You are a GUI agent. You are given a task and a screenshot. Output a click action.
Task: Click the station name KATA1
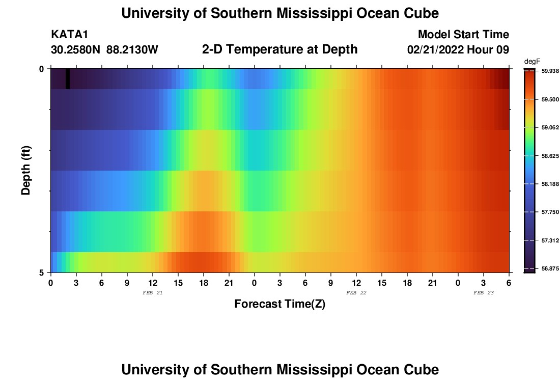click(x=70, y=35)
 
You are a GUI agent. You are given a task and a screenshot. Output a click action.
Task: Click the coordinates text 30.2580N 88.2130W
click(x=104, y=50)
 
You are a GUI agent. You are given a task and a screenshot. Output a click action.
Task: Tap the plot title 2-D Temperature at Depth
click(x=279, y=49)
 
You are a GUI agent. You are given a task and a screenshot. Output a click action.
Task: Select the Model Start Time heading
click(x=463, y=35)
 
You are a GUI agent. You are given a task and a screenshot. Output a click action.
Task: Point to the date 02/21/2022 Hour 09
click(x=458, y=50)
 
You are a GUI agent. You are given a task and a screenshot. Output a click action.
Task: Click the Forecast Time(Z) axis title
click(x=279, y=304)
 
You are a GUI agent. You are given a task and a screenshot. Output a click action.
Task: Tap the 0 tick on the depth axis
click(x=42, y=69)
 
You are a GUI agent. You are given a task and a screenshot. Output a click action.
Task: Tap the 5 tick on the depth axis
click(x=42, y=272)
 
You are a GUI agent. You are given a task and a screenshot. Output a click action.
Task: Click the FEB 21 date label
click(x=153, y=293)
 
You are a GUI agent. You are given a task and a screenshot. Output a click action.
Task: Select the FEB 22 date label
click(x=356, y=293)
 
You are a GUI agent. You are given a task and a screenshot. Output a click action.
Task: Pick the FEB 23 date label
click(x=484, y=293)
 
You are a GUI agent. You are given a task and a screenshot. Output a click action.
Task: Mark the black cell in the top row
click(x=68, y=79)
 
